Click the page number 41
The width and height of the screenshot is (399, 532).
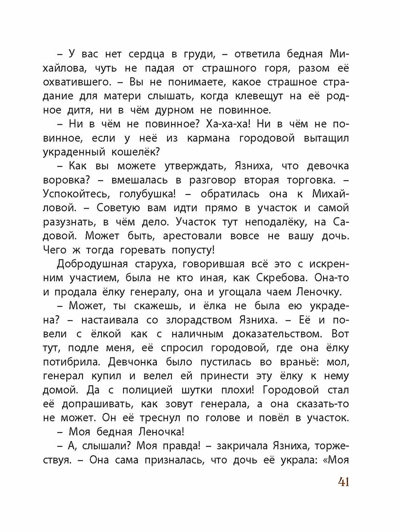[x=343, y=482]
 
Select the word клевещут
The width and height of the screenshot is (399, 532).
[x=259, y=97]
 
